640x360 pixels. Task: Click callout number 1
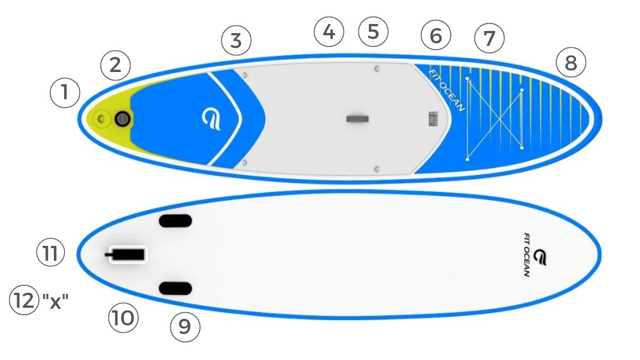click(x=65, y=93)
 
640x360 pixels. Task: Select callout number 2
click(x=115, y=66)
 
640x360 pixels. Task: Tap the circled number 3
click(x=236, y=41)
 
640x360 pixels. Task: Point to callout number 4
click(x=329, y=31)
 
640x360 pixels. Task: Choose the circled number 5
click(x=373, y=31)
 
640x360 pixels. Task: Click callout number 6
click(x=436, y=35)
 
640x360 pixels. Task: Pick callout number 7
click(x=489, y=38)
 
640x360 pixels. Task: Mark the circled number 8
click(x=571, y=62)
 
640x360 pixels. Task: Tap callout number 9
click(x=185, y=327)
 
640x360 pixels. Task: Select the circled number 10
click(x=123, y=318)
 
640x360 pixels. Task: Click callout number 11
click(x=51, y=253)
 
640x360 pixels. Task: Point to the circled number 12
click(x=24, y=300)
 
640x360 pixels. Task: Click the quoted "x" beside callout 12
click(x=55, y=301)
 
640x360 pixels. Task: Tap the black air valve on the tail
click(x=123, y=119)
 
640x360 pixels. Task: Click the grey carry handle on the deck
click(x=357, y=119)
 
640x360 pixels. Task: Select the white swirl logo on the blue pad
click(x=211, y=120)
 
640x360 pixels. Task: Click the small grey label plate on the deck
click(x=433, y=119)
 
